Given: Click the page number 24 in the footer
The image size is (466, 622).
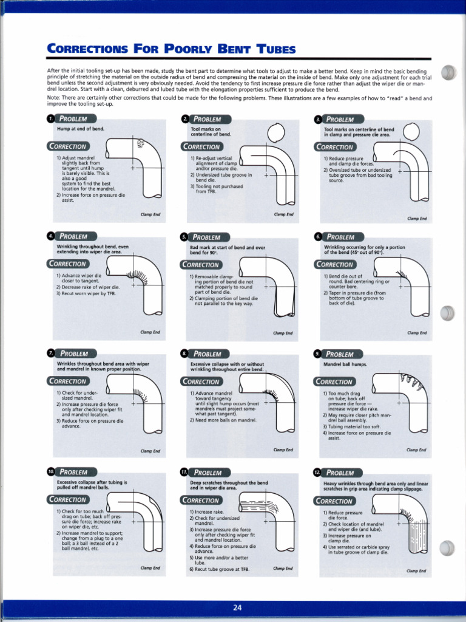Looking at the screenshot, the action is point(237,608).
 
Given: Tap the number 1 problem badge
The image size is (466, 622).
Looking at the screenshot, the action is point(51,118).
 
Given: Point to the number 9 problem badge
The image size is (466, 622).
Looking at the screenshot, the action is point(317,354).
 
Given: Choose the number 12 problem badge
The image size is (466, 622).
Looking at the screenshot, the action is point(317,472).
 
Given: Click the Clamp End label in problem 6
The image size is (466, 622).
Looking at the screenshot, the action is point(417,333).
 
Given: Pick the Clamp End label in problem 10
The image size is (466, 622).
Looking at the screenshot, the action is point(150,568).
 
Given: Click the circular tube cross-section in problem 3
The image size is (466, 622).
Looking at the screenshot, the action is point(411,131).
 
